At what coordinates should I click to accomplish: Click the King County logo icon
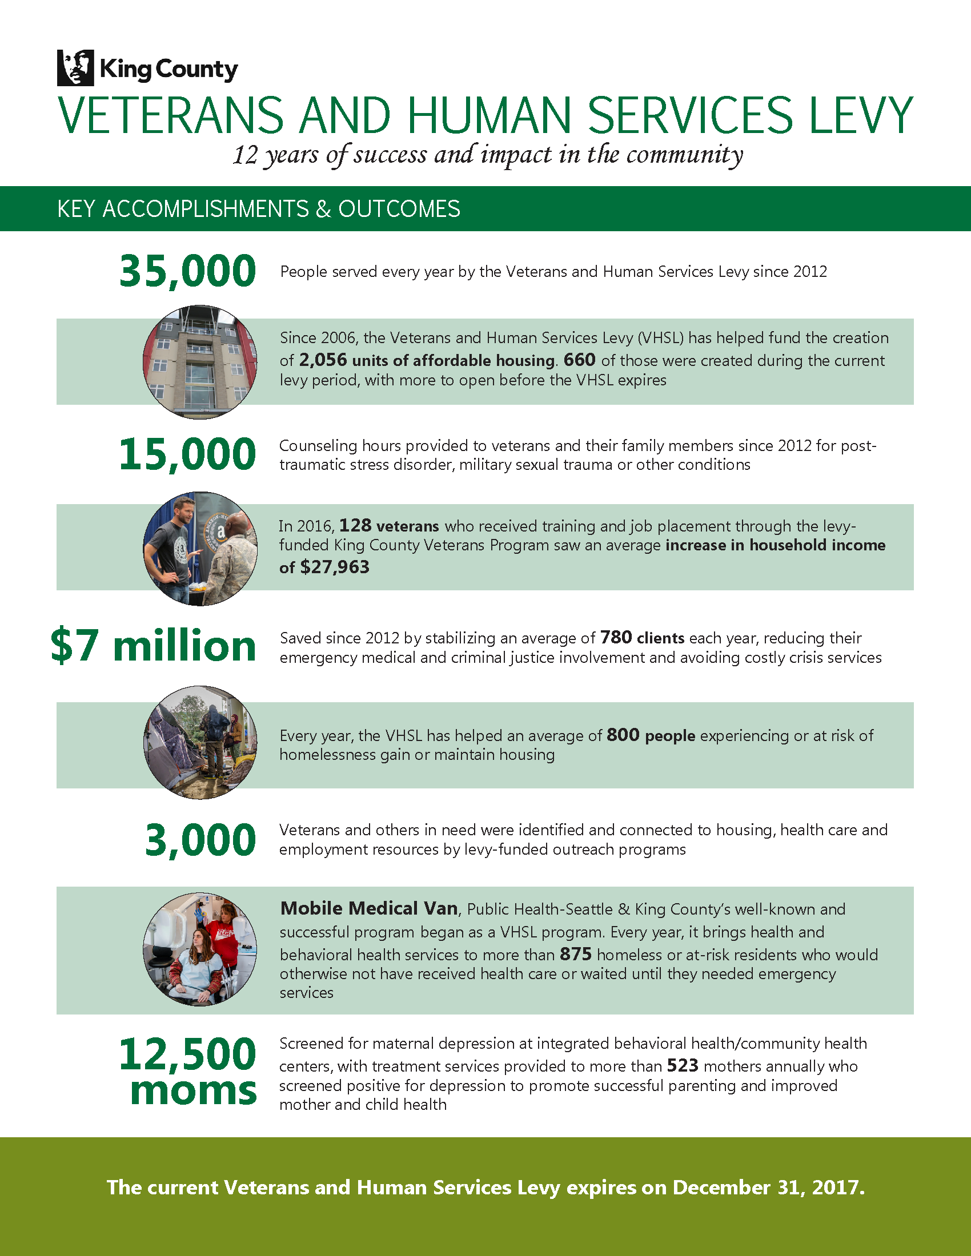click(x=75, y=68)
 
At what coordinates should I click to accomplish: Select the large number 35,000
click(x=187, y=271)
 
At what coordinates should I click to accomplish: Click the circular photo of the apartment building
click(x=200, y=362)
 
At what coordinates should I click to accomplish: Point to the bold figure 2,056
click(x=323, y=361)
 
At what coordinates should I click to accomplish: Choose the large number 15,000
click(x=187, y=454)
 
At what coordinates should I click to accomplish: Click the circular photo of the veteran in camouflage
click(x=200, y=548)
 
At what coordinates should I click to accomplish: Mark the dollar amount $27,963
click(x=335, y=567)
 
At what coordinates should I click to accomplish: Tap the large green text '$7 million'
click(x=153, y=646)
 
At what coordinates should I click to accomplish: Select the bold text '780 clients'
click(x=642, y=638)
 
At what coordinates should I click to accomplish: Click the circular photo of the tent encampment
click(x=200, y=742)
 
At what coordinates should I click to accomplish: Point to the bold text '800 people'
click(x=651, y=735)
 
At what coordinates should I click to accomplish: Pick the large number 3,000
click(x=200, y=840)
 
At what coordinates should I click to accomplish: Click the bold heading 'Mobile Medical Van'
click(x=369, y=909)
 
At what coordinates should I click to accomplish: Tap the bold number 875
click(x=575, y=955)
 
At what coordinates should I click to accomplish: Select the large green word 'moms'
click(x=193, y=1090)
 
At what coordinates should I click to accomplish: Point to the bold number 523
click(x=682, y=1066)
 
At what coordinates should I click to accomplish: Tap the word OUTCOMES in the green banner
click(x=399, y=209)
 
